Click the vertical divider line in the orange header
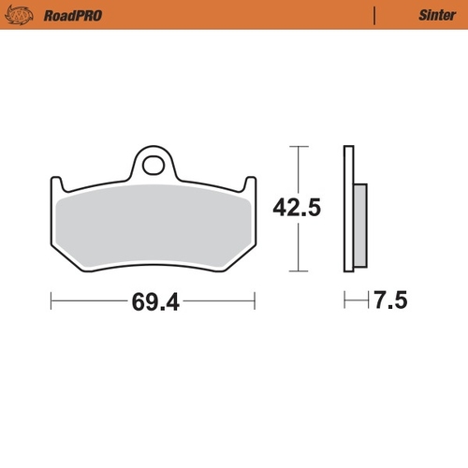coord(375,16)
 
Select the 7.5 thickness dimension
coord(391,302)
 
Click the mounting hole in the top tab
coord(154,166)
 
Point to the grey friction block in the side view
coord(359,225)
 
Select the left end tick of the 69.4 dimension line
coord(50,301)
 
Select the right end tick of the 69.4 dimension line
coord(255,301)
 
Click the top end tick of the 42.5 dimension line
coord(298,146)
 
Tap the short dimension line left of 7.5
coord(355,301)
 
